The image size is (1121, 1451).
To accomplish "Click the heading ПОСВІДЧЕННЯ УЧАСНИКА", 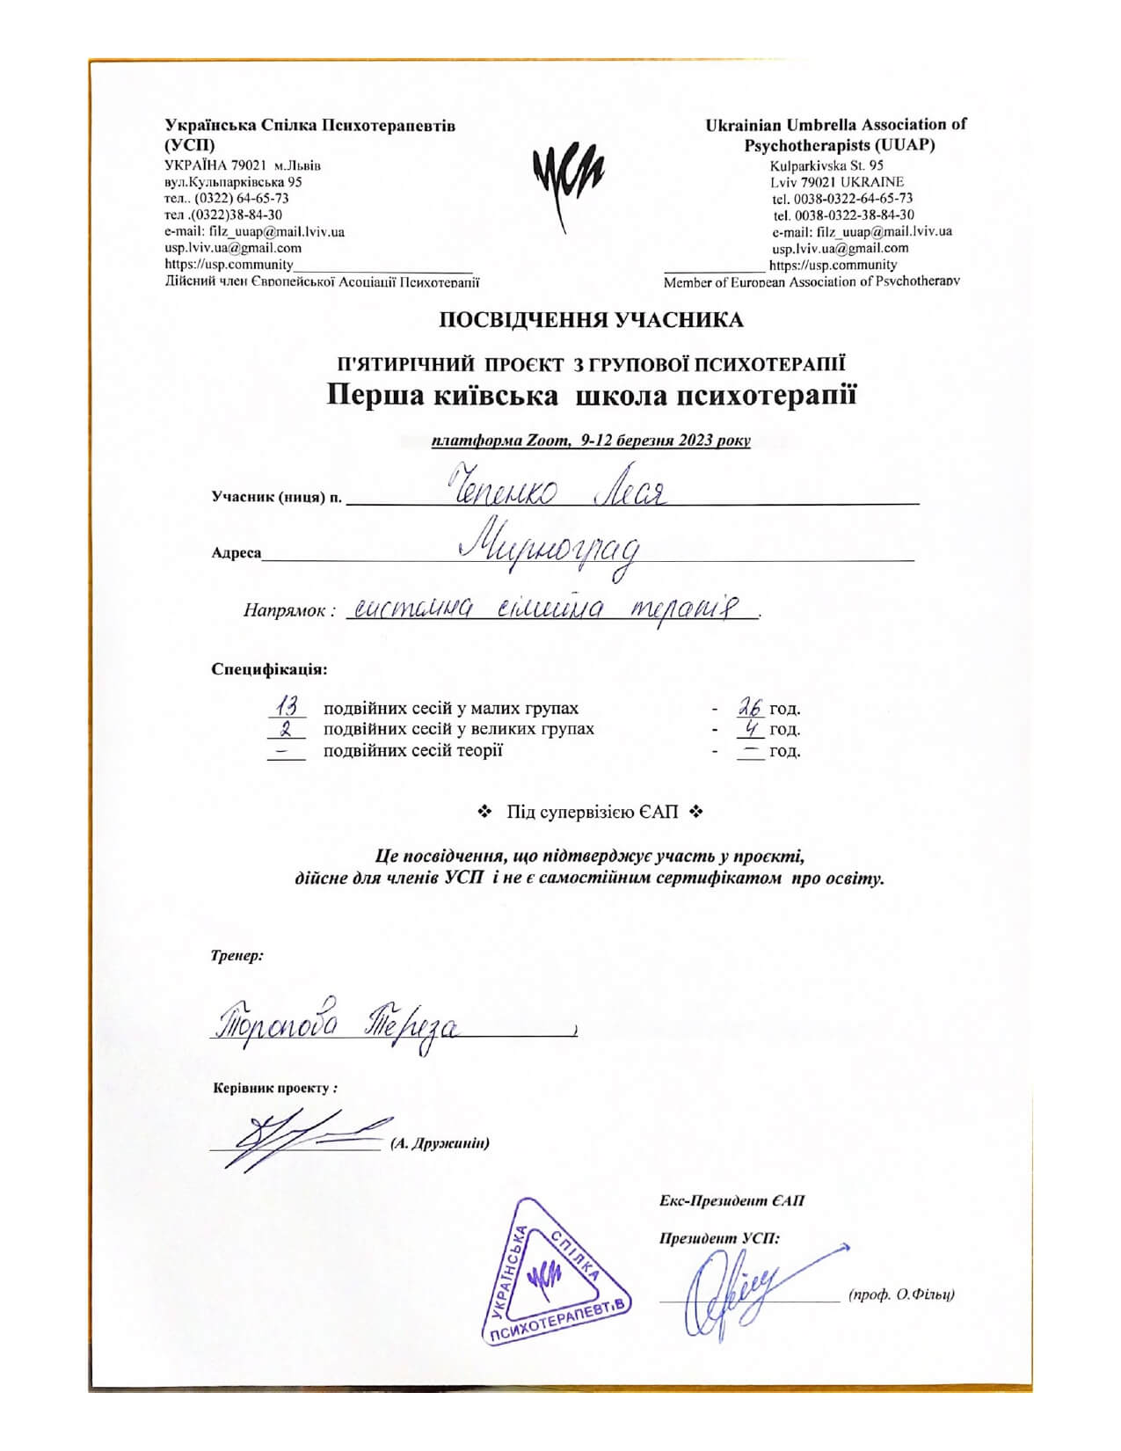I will [591, 320].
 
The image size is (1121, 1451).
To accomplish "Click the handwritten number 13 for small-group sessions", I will [287, 706].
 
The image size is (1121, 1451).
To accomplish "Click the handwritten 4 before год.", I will [751, 728].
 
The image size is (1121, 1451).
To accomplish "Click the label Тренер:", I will [237, 955].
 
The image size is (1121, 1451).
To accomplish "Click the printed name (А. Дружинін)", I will [439, 1143].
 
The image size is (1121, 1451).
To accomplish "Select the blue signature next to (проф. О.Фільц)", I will [739, 1291].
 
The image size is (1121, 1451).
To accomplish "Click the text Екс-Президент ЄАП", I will [732, 1201].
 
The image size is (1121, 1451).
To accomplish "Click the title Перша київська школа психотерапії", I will [591, 396].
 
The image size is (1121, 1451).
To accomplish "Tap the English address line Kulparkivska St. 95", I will [826, 165].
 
